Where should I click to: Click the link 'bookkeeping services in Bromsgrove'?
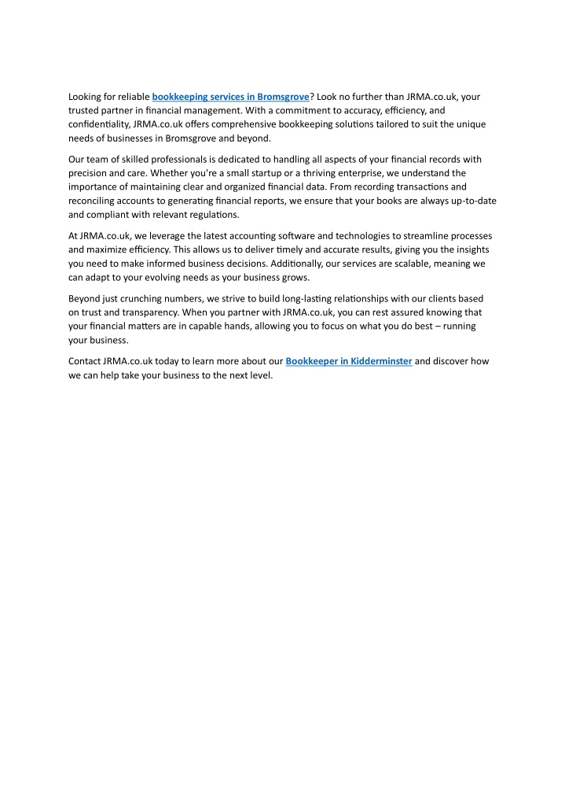pyautogui.click(x=230, y=97)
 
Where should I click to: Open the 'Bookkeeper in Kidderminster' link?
pyautogui.click(x=349, y=362)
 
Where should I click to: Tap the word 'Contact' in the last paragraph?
pyautogui.click(x=85, y=362)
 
